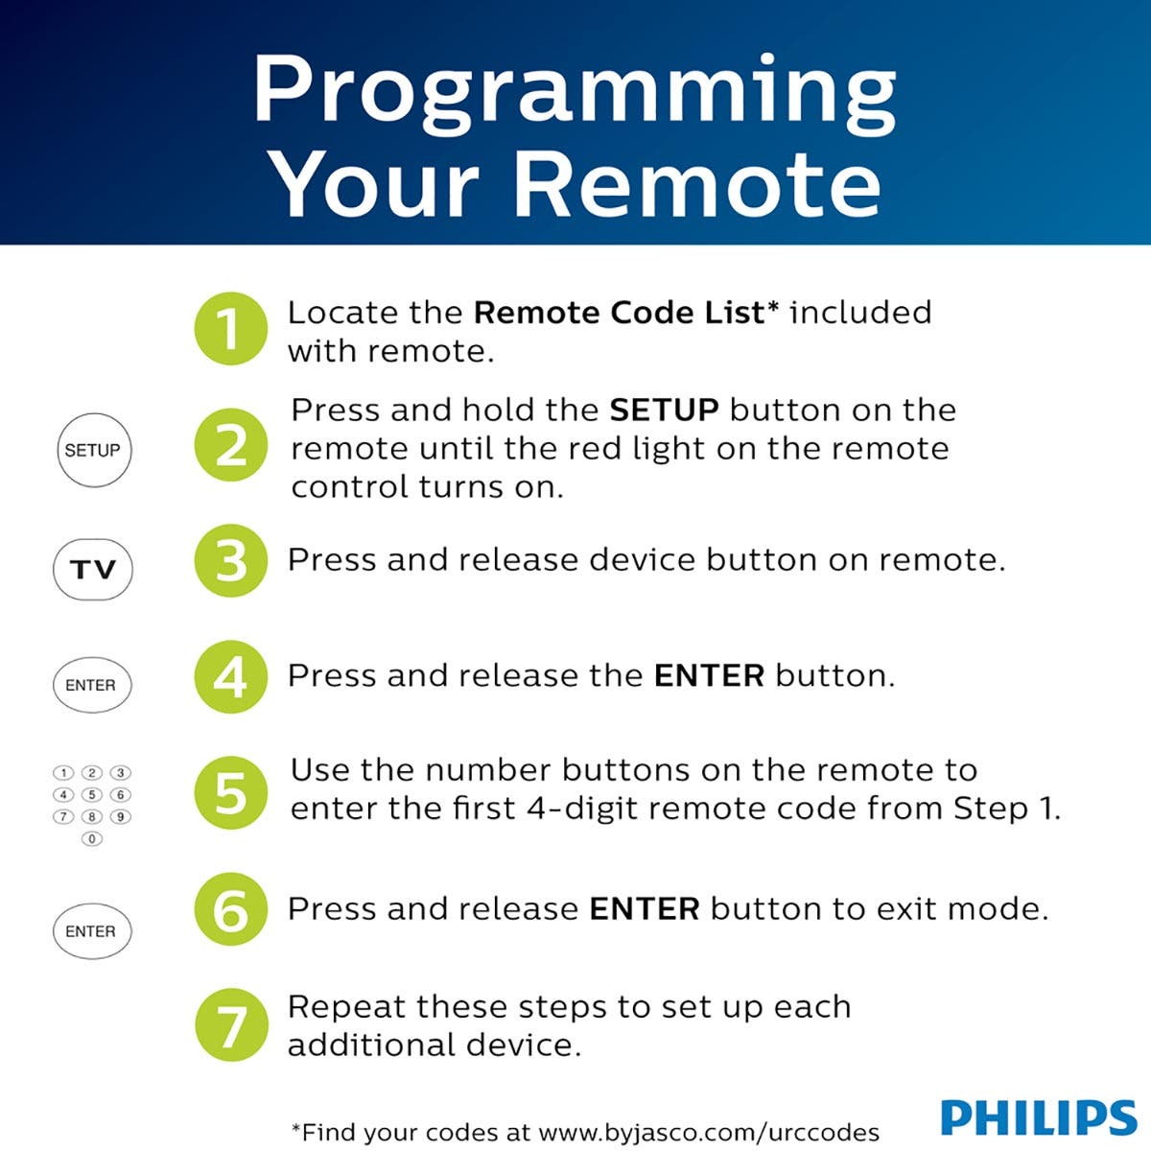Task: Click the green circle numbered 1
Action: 230,329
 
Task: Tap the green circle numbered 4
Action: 230,677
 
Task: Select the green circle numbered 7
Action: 230,1025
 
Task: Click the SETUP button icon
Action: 92,450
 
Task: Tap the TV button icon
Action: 92,570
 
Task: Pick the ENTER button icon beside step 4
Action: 91,685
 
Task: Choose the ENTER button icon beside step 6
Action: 91,931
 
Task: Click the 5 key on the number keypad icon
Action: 92,795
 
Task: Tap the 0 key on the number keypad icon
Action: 92,839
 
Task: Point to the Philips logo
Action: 1038,1118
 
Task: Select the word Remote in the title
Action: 697,184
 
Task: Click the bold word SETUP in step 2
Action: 664,411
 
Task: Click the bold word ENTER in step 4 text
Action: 709,676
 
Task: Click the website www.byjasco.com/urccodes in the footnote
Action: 709,1132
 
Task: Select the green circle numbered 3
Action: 230,561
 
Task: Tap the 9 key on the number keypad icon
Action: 121,817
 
